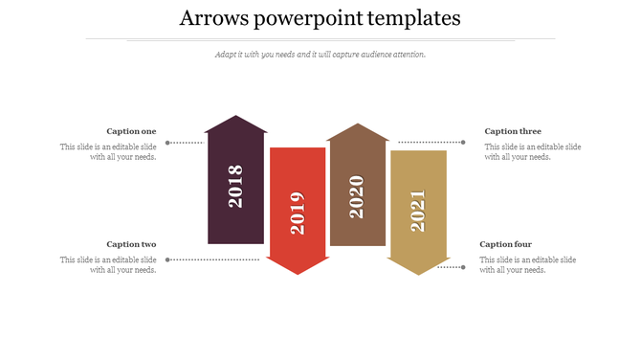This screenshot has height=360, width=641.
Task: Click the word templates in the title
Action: coord(409,18)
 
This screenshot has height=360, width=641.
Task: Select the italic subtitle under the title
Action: coord(320,55)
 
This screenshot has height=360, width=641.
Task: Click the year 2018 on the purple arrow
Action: coord(235,187)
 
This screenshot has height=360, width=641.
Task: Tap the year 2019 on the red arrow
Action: coord(298,213)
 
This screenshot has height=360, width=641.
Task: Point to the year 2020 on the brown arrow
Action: coord(357,196)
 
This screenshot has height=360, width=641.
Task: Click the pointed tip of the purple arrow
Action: coord(235,119)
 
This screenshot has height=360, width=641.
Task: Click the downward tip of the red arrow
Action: coord(298,272)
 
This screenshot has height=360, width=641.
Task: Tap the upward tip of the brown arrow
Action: coord(357,126)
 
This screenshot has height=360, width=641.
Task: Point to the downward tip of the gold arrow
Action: coord(418,273)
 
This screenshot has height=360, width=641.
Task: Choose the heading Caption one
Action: coord(131,131)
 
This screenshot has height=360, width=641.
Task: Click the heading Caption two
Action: coord(131,244)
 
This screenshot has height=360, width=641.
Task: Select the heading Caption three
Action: coord(513,131)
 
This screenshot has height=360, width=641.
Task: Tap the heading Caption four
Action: coord(505,244)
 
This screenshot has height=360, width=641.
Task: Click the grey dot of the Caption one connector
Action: coord(168,143)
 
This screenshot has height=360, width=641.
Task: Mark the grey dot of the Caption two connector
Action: coord(168,259)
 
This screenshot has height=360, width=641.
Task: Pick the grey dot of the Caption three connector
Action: coord(463,143)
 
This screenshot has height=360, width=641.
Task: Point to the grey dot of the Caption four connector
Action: coord(463,267)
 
